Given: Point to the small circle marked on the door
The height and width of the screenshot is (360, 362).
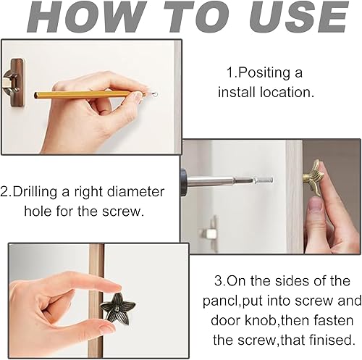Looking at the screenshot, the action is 155,93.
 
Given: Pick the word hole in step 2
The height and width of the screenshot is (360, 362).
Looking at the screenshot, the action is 38,212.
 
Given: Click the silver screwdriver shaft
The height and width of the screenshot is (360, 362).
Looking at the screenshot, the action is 230,180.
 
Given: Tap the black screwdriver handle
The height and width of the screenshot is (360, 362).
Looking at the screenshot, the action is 184,182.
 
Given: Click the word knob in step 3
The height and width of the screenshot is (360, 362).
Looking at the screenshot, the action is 260,320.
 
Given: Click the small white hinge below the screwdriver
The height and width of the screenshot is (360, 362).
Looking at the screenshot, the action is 210,233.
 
